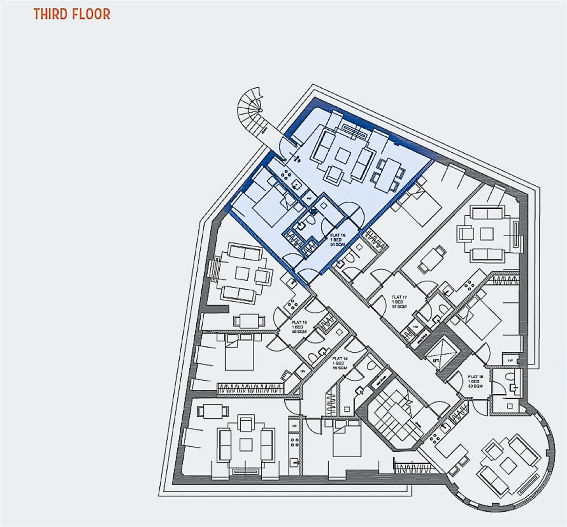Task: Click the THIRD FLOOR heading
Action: point(72,14)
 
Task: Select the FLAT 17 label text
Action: point(399,302)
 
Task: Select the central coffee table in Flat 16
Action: point(340,156)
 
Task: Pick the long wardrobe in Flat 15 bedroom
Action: point(251,388)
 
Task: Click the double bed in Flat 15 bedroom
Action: point(239,355)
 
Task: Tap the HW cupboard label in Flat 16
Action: point(309,199)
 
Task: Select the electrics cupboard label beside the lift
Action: point(416,339)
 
